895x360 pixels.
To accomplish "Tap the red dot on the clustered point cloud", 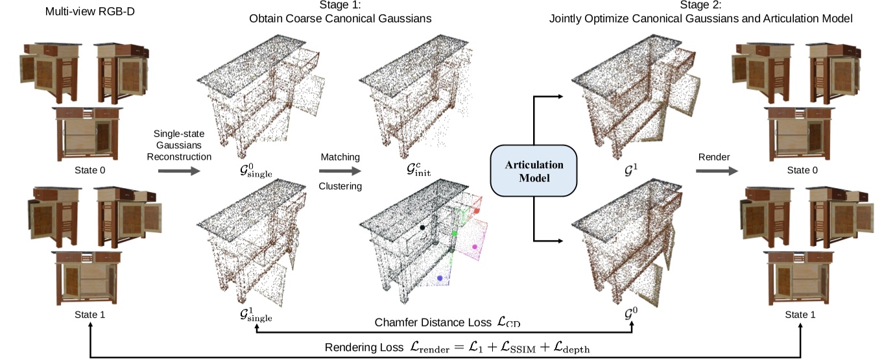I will [x=477, y=211].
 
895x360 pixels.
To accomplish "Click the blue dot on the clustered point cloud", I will [x=440, y=278].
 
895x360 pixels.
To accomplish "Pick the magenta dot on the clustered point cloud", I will [x=475, y=247].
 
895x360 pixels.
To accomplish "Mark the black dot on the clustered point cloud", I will [x=422, y=228].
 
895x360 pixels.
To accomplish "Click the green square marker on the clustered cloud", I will [x=455, y=232].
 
